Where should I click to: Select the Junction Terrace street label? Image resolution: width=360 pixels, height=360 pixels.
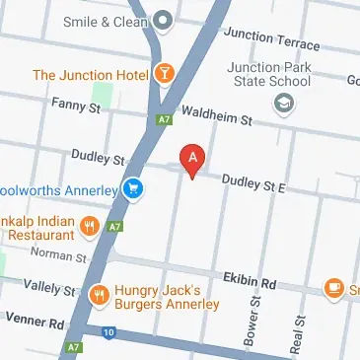point(271,39)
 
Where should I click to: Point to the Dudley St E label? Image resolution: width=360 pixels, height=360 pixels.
point(252,181)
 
